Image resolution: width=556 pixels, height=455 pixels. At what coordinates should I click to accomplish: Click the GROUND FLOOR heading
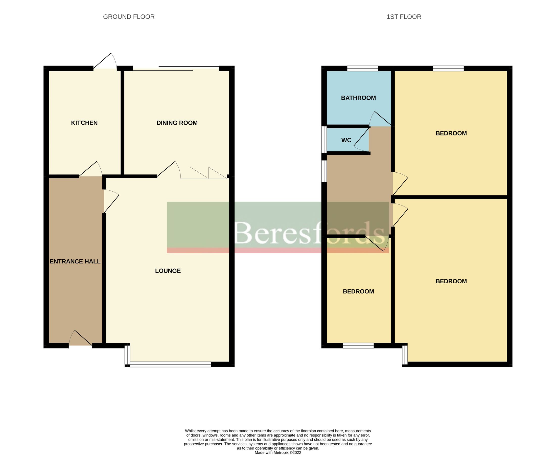129,17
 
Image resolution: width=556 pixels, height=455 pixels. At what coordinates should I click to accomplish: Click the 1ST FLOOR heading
404,17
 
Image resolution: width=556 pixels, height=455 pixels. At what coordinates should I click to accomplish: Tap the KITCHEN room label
84,123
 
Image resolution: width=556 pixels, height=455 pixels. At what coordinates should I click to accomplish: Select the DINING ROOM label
177,123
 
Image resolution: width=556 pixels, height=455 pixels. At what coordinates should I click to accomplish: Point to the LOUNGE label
168,271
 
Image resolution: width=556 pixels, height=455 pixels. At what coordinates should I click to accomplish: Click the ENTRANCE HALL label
75,261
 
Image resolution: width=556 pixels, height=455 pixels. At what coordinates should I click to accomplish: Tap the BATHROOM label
358,98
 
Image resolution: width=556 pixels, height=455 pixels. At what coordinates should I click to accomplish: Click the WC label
346,140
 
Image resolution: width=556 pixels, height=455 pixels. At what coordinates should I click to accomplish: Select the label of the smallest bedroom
358,291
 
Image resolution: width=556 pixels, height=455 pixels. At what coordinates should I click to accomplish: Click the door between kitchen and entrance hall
91,169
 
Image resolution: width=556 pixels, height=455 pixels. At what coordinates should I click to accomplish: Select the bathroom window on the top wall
363,69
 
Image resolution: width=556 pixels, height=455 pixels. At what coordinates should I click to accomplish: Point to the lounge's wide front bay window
170,364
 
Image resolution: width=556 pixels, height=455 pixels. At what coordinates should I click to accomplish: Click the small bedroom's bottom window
358,346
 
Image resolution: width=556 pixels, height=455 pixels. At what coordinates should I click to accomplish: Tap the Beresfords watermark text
309,233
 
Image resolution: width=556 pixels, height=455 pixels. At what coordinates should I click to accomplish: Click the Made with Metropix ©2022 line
278,452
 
